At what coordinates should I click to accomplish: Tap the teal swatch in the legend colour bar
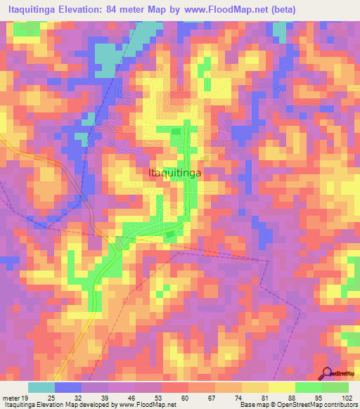[41, 387]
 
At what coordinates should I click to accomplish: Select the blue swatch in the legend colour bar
[68, 387]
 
